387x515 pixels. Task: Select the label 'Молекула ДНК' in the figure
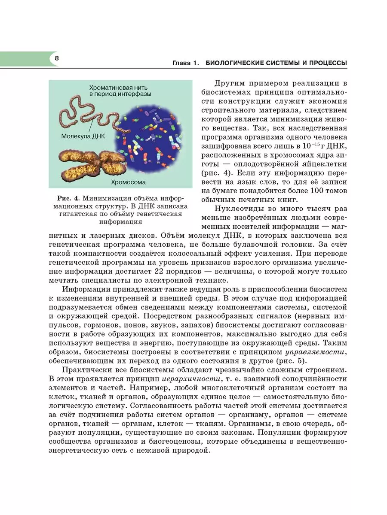tap(83, 135)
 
